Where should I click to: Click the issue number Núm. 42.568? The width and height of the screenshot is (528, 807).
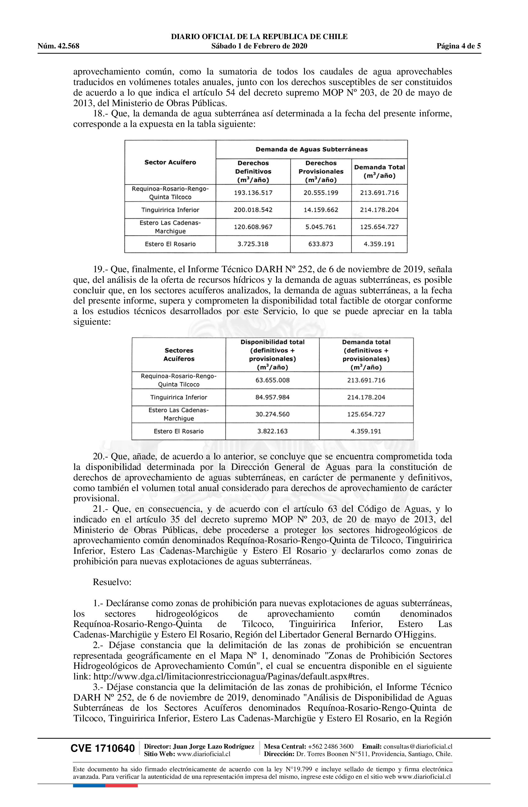(58, 46)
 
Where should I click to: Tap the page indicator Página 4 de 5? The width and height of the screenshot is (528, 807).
(458, 46)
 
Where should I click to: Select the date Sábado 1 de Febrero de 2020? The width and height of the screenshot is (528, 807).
(259, 46)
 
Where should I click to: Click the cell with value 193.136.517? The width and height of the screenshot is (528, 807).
(253, 193)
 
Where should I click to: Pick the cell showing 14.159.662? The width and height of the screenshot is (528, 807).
(321, 210)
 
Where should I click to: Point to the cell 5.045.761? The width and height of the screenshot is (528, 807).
(321, 227)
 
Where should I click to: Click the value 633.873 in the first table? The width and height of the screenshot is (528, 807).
(321, 244)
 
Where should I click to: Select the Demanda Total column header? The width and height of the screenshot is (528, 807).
(379, 171)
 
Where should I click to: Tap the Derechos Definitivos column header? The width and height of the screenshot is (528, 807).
(253, 171)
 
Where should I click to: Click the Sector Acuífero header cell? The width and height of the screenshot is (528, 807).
(170, 162)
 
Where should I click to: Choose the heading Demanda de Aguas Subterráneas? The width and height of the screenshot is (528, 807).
(311, 149)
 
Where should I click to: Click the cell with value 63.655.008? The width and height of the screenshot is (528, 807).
(272, 380)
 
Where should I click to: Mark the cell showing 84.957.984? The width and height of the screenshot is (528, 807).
(272, 397)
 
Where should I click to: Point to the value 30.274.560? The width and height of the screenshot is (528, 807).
(272, 414)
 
